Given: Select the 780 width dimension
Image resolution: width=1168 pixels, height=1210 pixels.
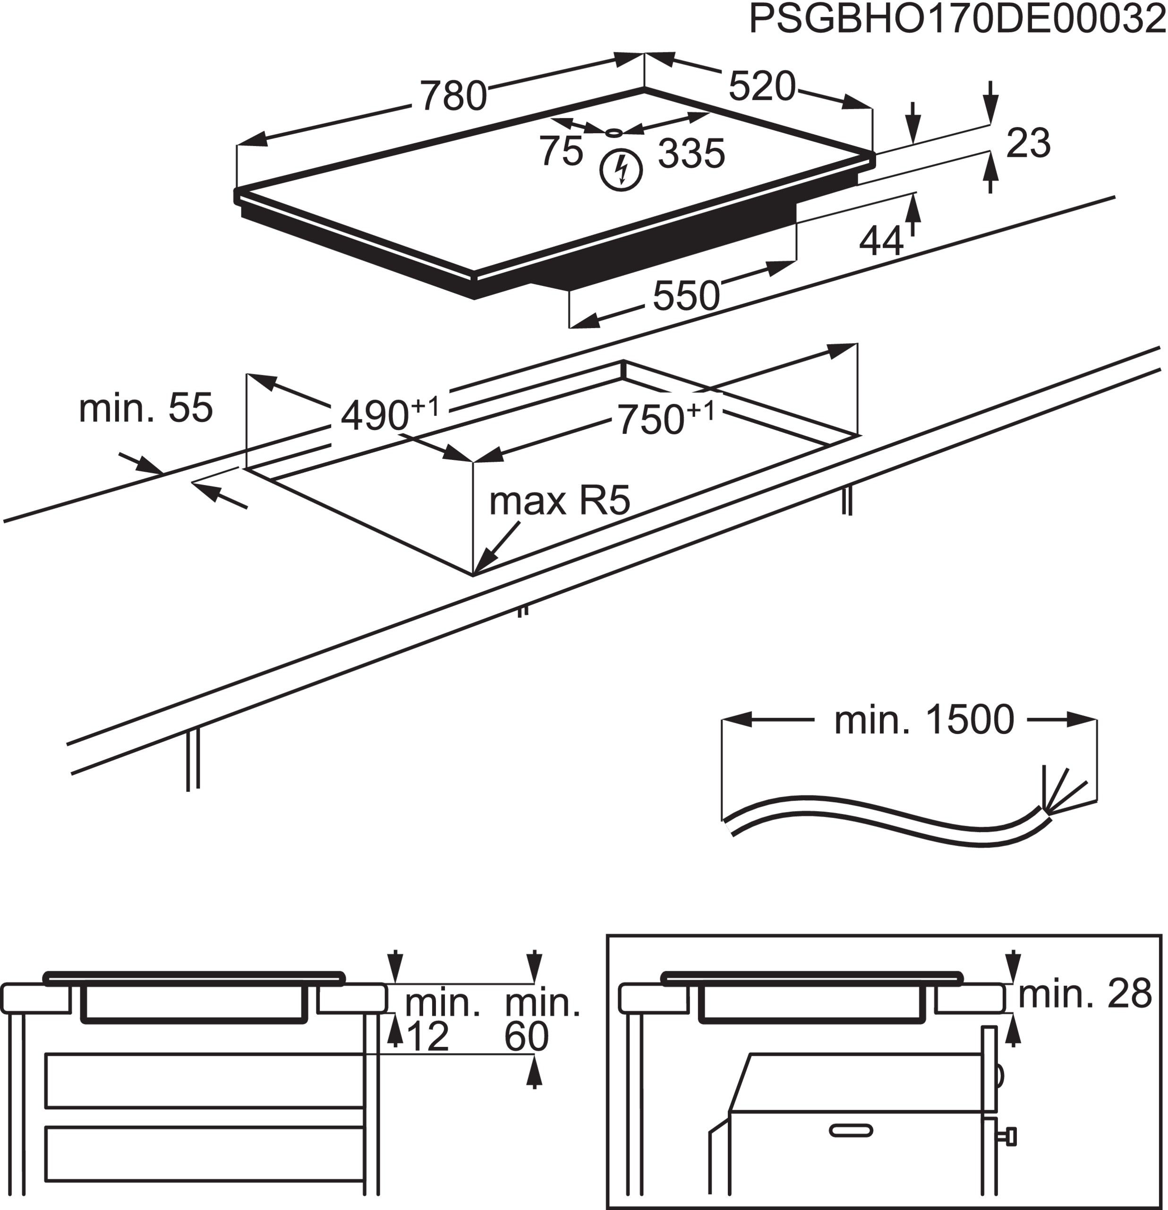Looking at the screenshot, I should pos(453,95).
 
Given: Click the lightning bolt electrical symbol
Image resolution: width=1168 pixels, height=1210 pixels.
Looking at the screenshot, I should pos(622,169).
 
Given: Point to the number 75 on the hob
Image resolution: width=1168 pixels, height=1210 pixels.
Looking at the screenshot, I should pos(561,151).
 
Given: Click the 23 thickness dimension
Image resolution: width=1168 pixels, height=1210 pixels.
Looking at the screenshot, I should pos(1028,143).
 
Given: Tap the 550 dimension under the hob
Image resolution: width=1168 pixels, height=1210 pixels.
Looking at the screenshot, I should pos(686,296).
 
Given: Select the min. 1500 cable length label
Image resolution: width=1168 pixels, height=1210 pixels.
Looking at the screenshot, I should pos(924,720).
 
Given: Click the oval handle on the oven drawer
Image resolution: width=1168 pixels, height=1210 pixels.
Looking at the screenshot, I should pos(851,1131).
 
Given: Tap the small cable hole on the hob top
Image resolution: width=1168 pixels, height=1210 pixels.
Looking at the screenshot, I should pos(614,132).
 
